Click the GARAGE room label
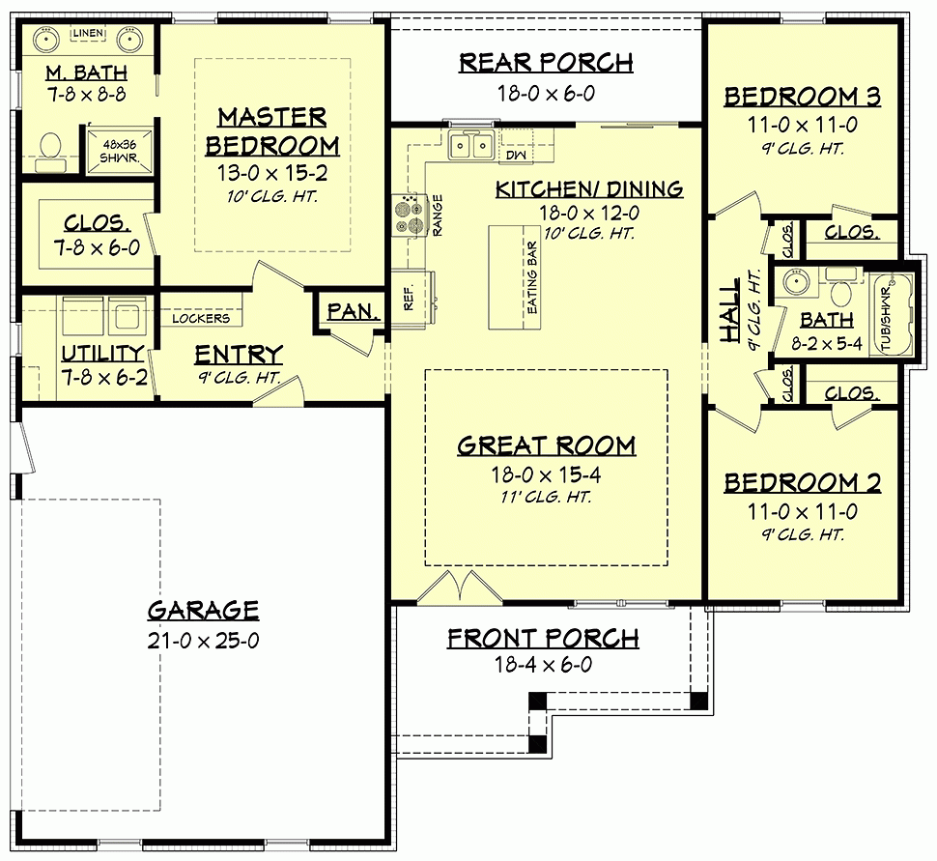[203, 611]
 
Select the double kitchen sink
[471, 146]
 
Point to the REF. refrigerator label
[408, 297]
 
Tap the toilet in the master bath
[50, 148]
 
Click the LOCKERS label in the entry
[201, 318]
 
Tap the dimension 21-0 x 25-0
[203, 640]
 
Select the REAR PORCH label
[546, 64]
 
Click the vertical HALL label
[730, 310]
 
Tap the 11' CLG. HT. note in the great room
[546, 498]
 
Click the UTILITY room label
[102, 353]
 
